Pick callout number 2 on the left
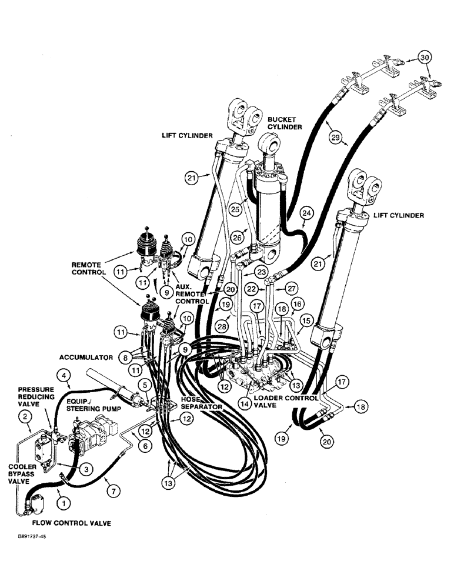25,417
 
